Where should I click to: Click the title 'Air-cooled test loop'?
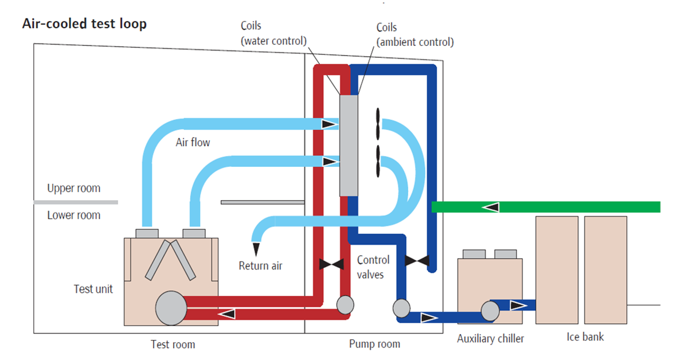(x=84, y=24)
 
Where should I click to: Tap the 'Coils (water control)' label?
(x=273, y=33)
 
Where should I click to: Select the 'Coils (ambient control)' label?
(x=414, y=34)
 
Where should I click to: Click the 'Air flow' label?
(x=193, y=142)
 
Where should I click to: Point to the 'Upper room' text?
(x=73, y=188)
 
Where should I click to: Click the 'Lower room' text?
(x=73, y=216)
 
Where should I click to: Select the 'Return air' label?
(x=261, y=266)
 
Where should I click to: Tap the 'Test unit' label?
(x=93, y=289)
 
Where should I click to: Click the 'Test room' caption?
(x=173, y=345)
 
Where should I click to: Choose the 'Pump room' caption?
(x=374, y=344)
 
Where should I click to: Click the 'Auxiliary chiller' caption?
(x=490, y=339)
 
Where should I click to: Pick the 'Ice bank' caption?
(x=585, y=337)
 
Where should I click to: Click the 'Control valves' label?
(x=373, y=267)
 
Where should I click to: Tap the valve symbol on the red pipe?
(x=331, y=264)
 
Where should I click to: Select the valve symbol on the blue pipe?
(x=417, y=261)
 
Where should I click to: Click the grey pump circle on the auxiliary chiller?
(x=490, y=310)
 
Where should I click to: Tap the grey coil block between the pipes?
(x=349, y=145)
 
